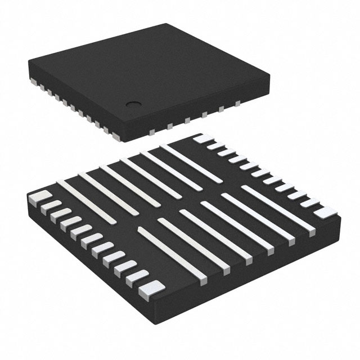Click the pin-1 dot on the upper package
(x=134, y=103)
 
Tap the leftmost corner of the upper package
(x=26, y=60)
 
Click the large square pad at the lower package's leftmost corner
(x=35, y=197)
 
